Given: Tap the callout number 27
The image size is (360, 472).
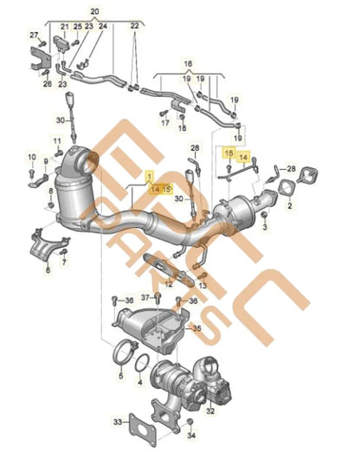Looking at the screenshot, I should (34, 36).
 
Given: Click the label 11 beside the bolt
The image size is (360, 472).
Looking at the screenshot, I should (56, 140).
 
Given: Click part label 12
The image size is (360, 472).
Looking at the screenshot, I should (169, 283).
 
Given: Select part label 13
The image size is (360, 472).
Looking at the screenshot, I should (202, 283).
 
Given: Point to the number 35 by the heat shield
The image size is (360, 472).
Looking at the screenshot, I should (197, 329).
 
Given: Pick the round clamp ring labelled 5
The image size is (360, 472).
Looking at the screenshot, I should (120, 352).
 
